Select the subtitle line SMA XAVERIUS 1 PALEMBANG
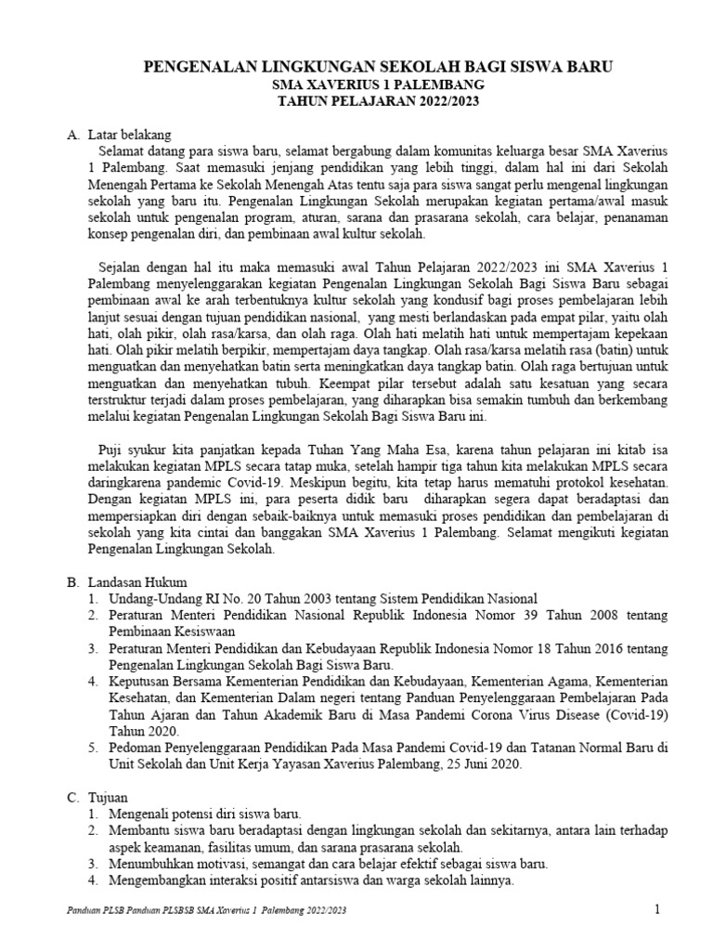[x=376, y=84]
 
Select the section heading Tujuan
[x=109, y=798]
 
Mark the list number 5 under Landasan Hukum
[x=93, y=748]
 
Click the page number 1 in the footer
[x=656, y=910]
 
